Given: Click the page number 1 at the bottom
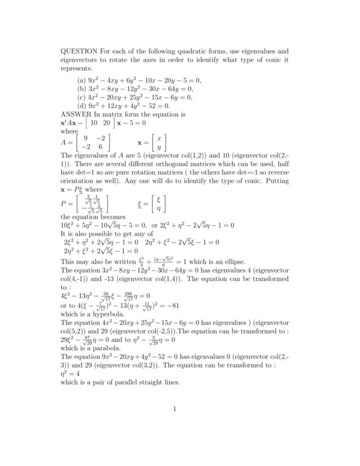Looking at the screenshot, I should (x=175, y=427).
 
